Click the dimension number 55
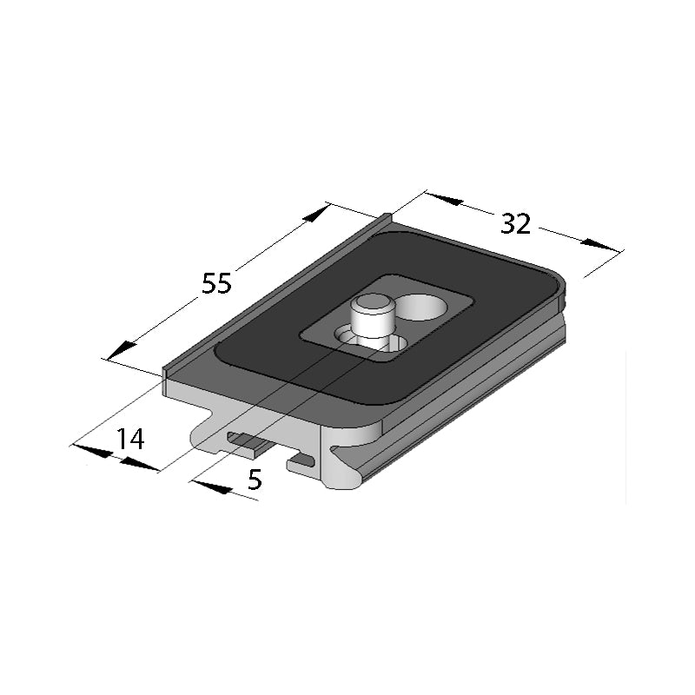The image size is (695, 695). pyautogui.click(x=216, y=283)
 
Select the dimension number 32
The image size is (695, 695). pyautogui.click(x=516, y=223)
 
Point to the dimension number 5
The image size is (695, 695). pyautogui.click(x=254, y=480)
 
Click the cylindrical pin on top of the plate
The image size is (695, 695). pyautogui.click(x=373, y=319)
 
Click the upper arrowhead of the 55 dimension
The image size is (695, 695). pyautogui.click(x=317, y=214)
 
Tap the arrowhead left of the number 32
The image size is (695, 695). pyautogui.click(x=445, y=200)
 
